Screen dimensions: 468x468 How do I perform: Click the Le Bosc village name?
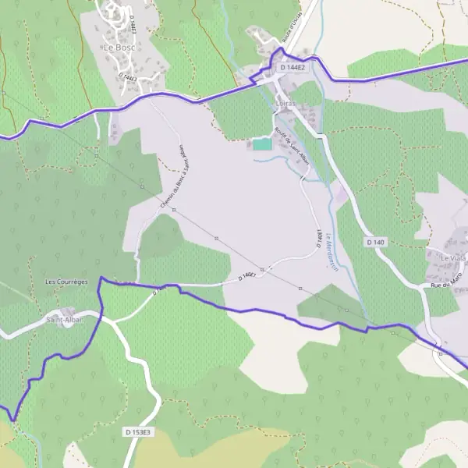[119, 47]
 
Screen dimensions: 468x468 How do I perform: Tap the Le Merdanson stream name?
[331, 252]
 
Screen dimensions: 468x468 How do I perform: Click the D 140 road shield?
[375, 243]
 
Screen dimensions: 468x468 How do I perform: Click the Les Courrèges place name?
[66, 281]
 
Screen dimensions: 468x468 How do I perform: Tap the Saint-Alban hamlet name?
[64, 318]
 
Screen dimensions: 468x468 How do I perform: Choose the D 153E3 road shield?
[139, 431]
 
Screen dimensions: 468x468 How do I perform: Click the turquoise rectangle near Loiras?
[262, 144]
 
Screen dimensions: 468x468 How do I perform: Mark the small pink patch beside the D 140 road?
[341, 192]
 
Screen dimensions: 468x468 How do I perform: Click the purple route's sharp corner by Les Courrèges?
[101, 278]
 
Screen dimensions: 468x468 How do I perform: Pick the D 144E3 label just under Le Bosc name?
[129, 77]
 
